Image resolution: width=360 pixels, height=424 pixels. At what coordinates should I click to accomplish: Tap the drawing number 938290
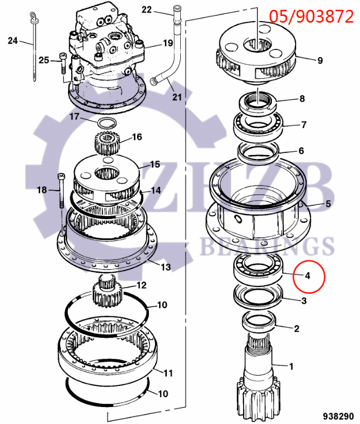tap(338, 415)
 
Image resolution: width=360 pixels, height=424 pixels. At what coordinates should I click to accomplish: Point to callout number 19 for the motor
tap(168, 43)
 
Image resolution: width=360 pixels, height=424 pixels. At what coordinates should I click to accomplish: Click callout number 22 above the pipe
tap(147, 9)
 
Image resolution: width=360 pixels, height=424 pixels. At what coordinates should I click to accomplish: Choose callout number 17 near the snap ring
tap(74, 117)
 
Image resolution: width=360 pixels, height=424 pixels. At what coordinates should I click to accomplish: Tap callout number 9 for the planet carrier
tap(320, 61)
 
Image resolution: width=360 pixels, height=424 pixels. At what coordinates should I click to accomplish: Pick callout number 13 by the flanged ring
tap(166, 268)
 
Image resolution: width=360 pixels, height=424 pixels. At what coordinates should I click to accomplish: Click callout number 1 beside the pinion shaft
tap(291, 366)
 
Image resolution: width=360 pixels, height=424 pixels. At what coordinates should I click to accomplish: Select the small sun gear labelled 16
tap(108, 143)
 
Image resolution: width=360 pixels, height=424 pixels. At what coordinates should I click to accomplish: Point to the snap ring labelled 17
tap(107, 123)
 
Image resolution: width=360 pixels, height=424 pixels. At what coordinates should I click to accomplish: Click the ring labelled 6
tap(258, 151)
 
